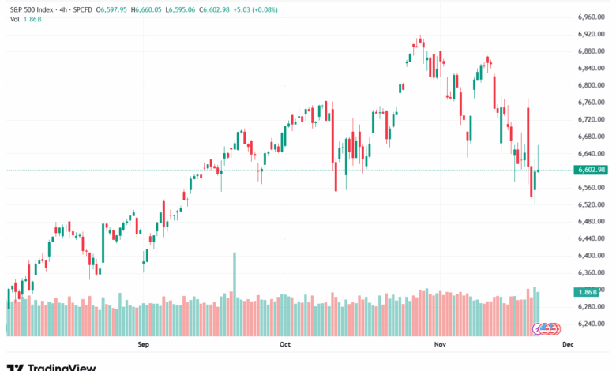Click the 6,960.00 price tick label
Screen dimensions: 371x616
pyautogui.click(x=592, y=17)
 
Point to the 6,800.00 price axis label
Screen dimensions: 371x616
pyautogui.click(x=592, y=85)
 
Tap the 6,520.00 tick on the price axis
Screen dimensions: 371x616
pyautogui.click(x=592, y=204)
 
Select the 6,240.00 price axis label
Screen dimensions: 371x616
pyautogui.click(x=592, y=324)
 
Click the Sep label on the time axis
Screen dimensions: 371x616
pyautogui.click(x=143, y=344)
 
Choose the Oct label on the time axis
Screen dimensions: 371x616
pyautogui.click(x=285, y=344)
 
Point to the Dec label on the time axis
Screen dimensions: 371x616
pyautogui.click(x=567, y=344)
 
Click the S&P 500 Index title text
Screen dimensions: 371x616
pyautogui.click(x=32, y=7)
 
